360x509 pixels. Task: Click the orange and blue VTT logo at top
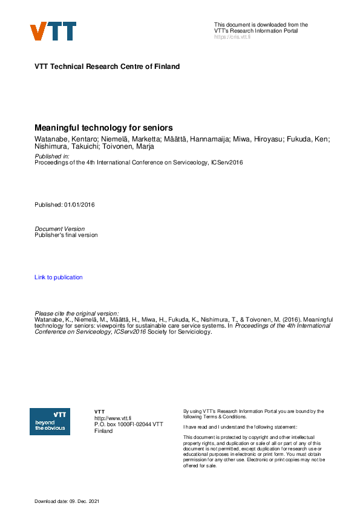53,31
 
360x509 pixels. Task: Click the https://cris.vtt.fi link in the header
232,37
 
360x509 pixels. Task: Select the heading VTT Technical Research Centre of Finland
107,66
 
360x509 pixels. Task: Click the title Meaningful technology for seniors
104,128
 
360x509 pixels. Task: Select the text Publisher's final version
66,235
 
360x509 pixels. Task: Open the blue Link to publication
59,277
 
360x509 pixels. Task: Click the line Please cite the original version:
77,313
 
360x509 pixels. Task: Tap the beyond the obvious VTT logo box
50,421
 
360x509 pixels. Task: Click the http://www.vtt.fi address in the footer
113,418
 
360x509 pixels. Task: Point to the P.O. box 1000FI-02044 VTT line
129,424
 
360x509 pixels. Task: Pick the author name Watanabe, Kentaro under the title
65,139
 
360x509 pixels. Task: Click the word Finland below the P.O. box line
103,431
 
